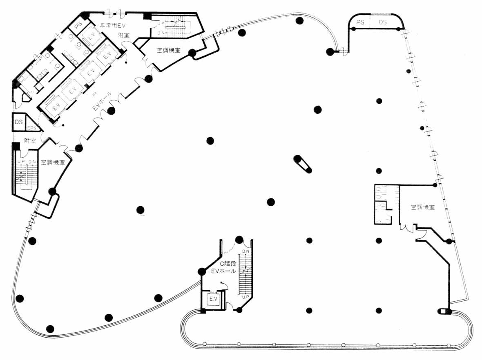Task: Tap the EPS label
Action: (x=31, y=128)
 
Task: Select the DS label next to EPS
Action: (x=19, y=122)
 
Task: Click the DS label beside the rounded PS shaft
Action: (x=383, y=22)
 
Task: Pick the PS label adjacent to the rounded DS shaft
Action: (x=360, y=22)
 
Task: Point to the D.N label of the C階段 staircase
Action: (x=246, y=251)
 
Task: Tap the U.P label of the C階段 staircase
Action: (x=246, y=297)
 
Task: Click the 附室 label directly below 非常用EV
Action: (x=123, y=35)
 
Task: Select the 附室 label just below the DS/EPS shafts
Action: (x=29, y=141)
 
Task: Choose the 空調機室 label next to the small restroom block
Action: (x=423, y=207)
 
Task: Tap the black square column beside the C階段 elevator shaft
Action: (x=203, y=312)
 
